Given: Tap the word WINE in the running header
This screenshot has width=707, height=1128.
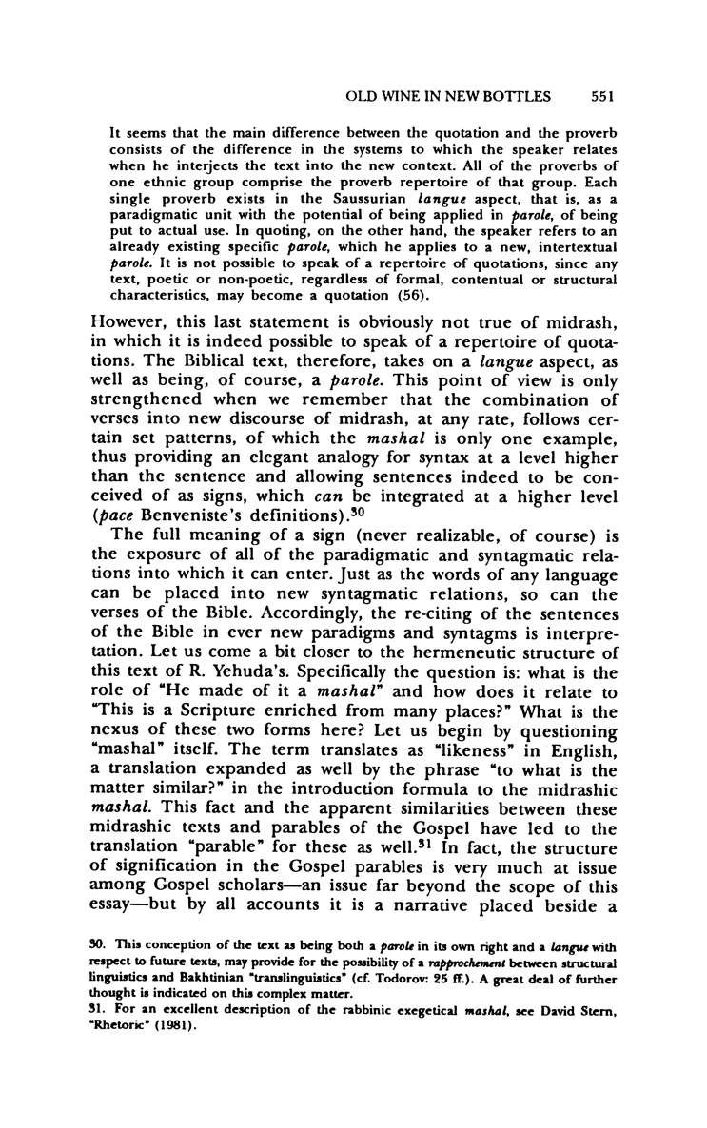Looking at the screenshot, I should pos(412,96).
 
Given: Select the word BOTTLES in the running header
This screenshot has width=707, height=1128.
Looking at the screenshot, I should pos(533,96).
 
